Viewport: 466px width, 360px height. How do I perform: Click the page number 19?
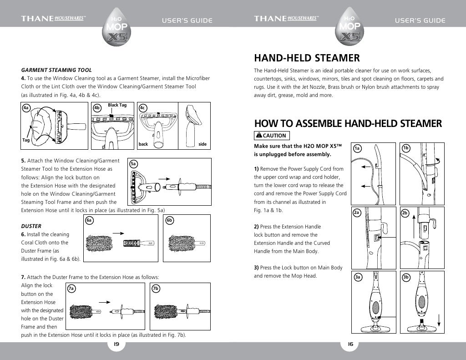[x=116, y=344]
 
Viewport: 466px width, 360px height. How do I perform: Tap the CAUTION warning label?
[x=271, y=136]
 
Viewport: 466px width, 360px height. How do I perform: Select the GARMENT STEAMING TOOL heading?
[x=57, y=70]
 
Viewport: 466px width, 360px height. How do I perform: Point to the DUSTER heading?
[x=31, y=226]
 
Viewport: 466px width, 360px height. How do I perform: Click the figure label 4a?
[x=26, y=108]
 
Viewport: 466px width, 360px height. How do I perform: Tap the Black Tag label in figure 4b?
[x=117, y=105]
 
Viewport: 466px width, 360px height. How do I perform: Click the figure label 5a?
[x=134, y=163]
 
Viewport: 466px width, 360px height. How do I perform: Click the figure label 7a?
[x=71, y=289]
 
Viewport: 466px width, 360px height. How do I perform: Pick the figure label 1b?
[x=406, y=148]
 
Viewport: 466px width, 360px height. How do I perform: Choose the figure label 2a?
[x=357, y=213]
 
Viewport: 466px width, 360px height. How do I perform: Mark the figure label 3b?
[x=406, y=277]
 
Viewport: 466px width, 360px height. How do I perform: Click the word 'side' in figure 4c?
[x=203, y=144]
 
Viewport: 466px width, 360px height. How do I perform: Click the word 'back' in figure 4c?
[x=143, y=144]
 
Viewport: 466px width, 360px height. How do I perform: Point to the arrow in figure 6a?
[x=119, y=233]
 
